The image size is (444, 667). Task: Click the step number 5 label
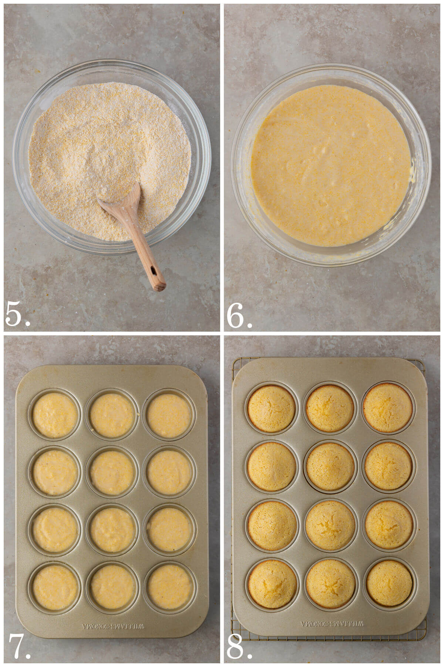point(17,314)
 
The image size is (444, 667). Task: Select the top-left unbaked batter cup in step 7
point(55,415)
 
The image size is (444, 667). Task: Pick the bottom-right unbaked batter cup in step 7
point(169,587)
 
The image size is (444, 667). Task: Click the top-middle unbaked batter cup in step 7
point(112,415)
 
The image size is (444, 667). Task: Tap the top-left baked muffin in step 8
point(272,408)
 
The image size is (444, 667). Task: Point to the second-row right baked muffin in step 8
point(388,465)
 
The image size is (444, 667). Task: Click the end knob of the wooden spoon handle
point(159,286)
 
